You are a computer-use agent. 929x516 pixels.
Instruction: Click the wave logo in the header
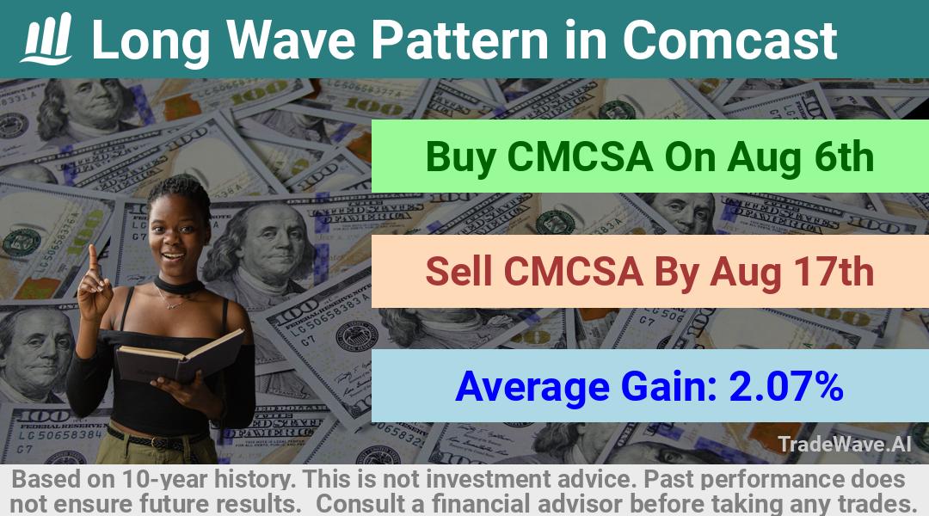tap(46, 39)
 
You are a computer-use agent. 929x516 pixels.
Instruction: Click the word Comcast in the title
tap(729, 40)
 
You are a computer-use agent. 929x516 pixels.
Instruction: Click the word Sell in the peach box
tap(458, 271)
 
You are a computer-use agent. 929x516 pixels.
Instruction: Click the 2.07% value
tap(786, 386)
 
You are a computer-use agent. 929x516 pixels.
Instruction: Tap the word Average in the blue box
tap(532, 388)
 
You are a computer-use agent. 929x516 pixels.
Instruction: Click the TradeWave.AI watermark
tap(845, 444)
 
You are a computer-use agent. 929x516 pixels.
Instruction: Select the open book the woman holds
tap(180, 355)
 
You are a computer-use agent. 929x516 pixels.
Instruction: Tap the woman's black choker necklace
tap(178, 286)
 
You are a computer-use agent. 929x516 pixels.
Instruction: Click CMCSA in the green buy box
tap(580, 157)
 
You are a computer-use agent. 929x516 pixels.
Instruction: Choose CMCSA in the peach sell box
tap(572, 271)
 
